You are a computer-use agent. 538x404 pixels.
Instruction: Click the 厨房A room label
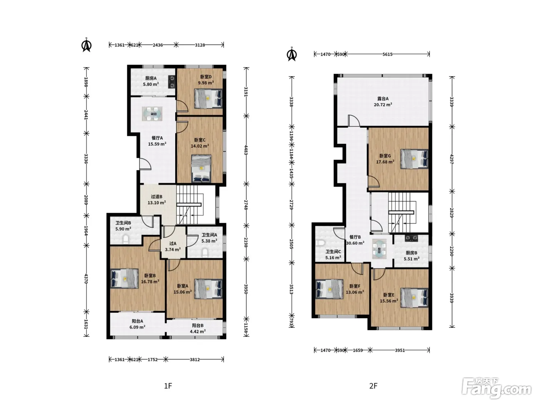click(x=151, y=78)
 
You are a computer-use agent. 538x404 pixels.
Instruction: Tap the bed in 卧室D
click(x=208, y=98)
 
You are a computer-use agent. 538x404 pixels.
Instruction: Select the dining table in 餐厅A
click(x=152, y=114)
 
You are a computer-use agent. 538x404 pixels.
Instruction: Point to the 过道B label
click(x=157, y=197)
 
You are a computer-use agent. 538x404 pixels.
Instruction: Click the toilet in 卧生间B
click(x=126, y=240)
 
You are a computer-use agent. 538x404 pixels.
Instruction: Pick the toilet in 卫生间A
click(x=205, y=253)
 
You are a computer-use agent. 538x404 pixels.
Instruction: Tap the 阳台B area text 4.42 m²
click(x=198, y=332)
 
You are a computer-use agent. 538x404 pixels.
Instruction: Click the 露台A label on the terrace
click(x=383, y=98)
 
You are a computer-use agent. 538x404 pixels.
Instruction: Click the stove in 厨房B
click(x=412, y=238)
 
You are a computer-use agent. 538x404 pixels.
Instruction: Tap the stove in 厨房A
click(x=172, y=82)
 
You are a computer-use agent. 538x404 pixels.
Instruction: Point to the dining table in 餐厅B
click(x=379, y=249)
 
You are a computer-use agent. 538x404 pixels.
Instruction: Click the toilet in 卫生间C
click(x=320, y=243)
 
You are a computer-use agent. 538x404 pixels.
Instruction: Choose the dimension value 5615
click(x=387, y=54)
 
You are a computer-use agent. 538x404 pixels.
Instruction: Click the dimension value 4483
click(x=246, y=150)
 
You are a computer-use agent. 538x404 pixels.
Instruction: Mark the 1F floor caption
click(x=168, y=386)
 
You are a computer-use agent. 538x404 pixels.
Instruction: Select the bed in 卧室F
click(x=329, y=289)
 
